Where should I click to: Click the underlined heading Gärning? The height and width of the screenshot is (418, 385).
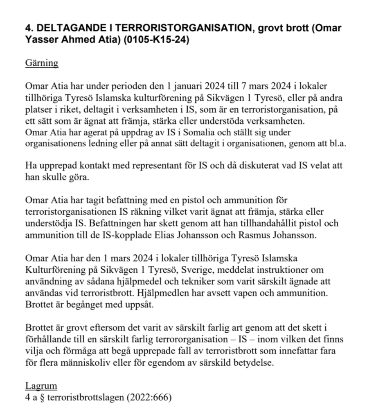(x=41, y=63)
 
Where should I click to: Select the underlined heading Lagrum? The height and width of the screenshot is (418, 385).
(x=41, y=385)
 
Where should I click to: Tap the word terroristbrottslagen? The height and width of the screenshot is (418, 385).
(x=83, y=396)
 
